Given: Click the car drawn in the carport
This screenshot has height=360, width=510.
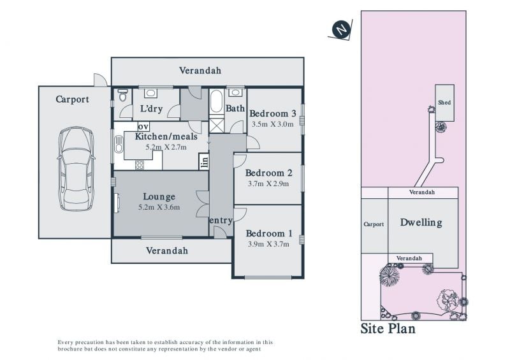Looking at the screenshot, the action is (76, 168).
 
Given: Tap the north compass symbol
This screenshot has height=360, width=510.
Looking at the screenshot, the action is (341, 29).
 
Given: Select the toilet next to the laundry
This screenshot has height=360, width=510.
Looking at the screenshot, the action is (122, 95).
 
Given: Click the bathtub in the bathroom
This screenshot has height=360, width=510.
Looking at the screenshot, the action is (216, 101).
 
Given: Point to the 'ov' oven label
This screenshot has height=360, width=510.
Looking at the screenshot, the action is (143, 126).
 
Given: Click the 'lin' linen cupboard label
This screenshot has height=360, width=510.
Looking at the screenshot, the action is (204, 161).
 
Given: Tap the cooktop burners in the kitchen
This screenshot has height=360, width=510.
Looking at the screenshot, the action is (140, 165).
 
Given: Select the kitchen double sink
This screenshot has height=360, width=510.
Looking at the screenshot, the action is (119, 144).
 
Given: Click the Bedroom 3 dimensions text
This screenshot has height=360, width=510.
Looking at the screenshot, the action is (273, 124).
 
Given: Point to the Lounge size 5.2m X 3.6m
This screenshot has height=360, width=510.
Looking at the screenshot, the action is (159, 207).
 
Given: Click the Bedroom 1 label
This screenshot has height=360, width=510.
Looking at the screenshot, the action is (269, 233).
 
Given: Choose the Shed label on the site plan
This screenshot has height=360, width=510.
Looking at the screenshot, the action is (444, 103).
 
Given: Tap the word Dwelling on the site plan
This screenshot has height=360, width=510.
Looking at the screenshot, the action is (421, 222).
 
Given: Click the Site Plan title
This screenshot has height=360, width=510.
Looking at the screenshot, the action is (388, 328).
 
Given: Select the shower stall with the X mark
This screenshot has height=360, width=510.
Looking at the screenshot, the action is (217, 126).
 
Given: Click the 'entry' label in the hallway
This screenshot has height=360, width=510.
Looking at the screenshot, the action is (221, 220).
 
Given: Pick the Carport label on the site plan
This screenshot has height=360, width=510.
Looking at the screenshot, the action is (374, 224).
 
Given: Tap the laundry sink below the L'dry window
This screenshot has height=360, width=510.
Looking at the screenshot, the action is (150, 93).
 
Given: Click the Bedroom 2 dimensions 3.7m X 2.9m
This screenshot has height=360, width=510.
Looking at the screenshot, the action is (268, 184).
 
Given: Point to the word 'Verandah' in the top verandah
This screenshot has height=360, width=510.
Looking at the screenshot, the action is (200, 70).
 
